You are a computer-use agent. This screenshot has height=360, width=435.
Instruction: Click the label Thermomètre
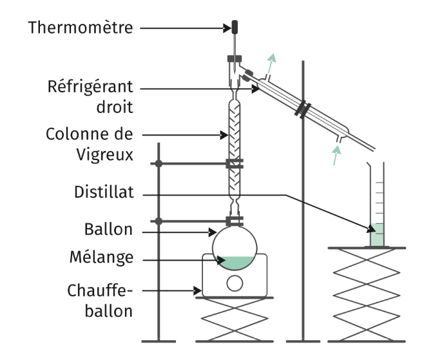pyautogui.click(x=81, y=28)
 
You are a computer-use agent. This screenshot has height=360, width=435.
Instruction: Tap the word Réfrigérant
pyautogui.click(x=90, y=88)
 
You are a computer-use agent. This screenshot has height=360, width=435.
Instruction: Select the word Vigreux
pyautogui.click(x=105, y=155)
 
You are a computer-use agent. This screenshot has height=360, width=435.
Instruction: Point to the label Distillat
pyautogui.click(x=104, y=192)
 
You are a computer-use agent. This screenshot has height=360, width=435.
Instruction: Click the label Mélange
pyautogui.click(x=102, y=258)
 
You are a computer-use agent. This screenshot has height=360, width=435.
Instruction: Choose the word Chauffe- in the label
pyautogui.click(x=100, y=291)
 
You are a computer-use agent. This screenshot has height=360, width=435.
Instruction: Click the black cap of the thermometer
pyautogui.click(x=235, y=27)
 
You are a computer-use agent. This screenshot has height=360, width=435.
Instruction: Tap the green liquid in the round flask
pyautogui.click(x=235, y=263)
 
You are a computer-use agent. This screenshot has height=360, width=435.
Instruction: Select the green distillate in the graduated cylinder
pyautogui.click(x=377, y=235)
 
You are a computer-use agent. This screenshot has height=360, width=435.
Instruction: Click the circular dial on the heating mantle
pyautogui.click(x=235, y=283)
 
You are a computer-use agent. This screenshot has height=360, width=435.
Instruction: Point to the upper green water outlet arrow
pyautogui.click(x=271, y=63)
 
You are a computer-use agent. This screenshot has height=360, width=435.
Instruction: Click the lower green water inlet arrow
pyautogui.click(x=336, y=155)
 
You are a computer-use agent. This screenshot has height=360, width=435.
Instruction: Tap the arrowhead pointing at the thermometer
pyautogui.click(x=227, y=28)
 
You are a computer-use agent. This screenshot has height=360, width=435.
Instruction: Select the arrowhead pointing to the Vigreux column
pyautogui.click(x=224, y=135)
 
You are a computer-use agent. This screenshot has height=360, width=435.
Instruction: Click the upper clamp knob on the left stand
pyautogui.click(x=159, y=164)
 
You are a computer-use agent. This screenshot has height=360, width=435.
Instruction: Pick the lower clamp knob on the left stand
pyautogui.click(x=159, y=221)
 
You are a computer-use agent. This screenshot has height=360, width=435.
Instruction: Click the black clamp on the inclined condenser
pyautogui.click(x=303, y=109)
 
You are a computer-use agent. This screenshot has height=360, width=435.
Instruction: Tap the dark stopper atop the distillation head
pyautogui.click(x=235, y=59)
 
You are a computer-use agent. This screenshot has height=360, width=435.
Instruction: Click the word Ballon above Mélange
pyautogui.click(x=108, y=230)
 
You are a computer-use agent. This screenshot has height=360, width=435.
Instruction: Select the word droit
pyautogui.click(x=115, y=107)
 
